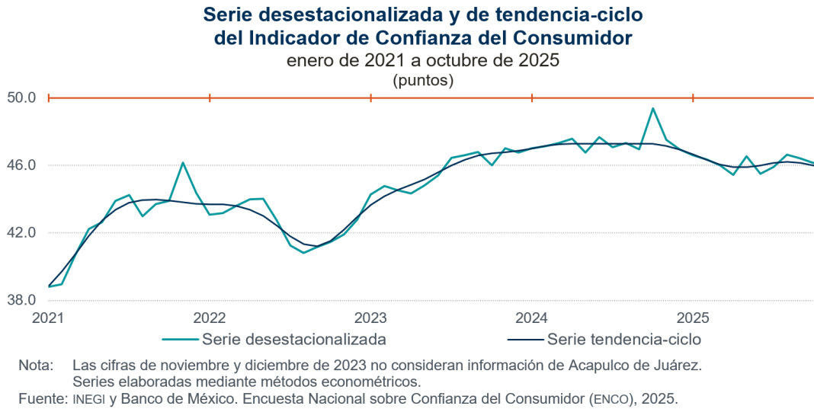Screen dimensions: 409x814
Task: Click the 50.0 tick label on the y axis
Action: [21, 97]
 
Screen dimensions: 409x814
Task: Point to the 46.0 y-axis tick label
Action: [21, 165]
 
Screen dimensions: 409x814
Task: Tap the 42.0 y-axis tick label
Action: [21, 232]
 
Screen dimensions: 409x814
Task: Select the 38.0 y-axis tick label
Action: [21, 300]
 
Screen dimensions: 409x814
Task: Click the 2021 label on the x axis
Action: [48, 317]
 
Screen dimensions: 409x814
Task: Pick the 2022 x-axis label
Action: [209, 317]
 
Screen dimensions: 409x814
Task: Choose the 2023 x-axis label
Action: [370, 317]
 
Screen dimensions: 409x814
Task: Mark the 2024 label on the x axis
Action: [531, 317]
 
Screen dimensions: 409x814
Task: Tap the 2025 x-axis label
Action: [693, 317]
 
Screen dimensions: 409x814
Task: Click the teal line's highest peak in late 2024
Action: [653, 108]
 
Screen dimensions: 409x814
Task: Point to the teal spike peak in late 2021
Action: [183, 162]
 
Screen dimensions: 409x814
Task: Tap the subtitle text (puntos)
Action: [423, 79]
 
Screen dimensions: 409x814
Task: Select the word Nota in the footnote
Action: [35, 366]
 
